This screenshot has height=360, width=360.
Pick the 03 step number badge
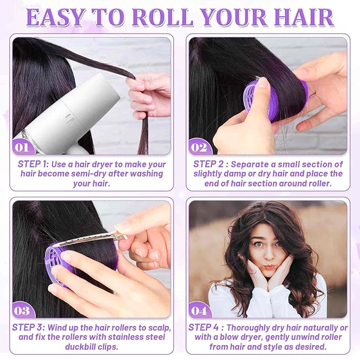pos(22,309)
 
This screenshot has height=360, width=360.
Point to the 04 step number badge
pos(200,309)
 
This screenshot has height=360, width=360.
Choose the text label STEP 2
pos(212,164)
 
